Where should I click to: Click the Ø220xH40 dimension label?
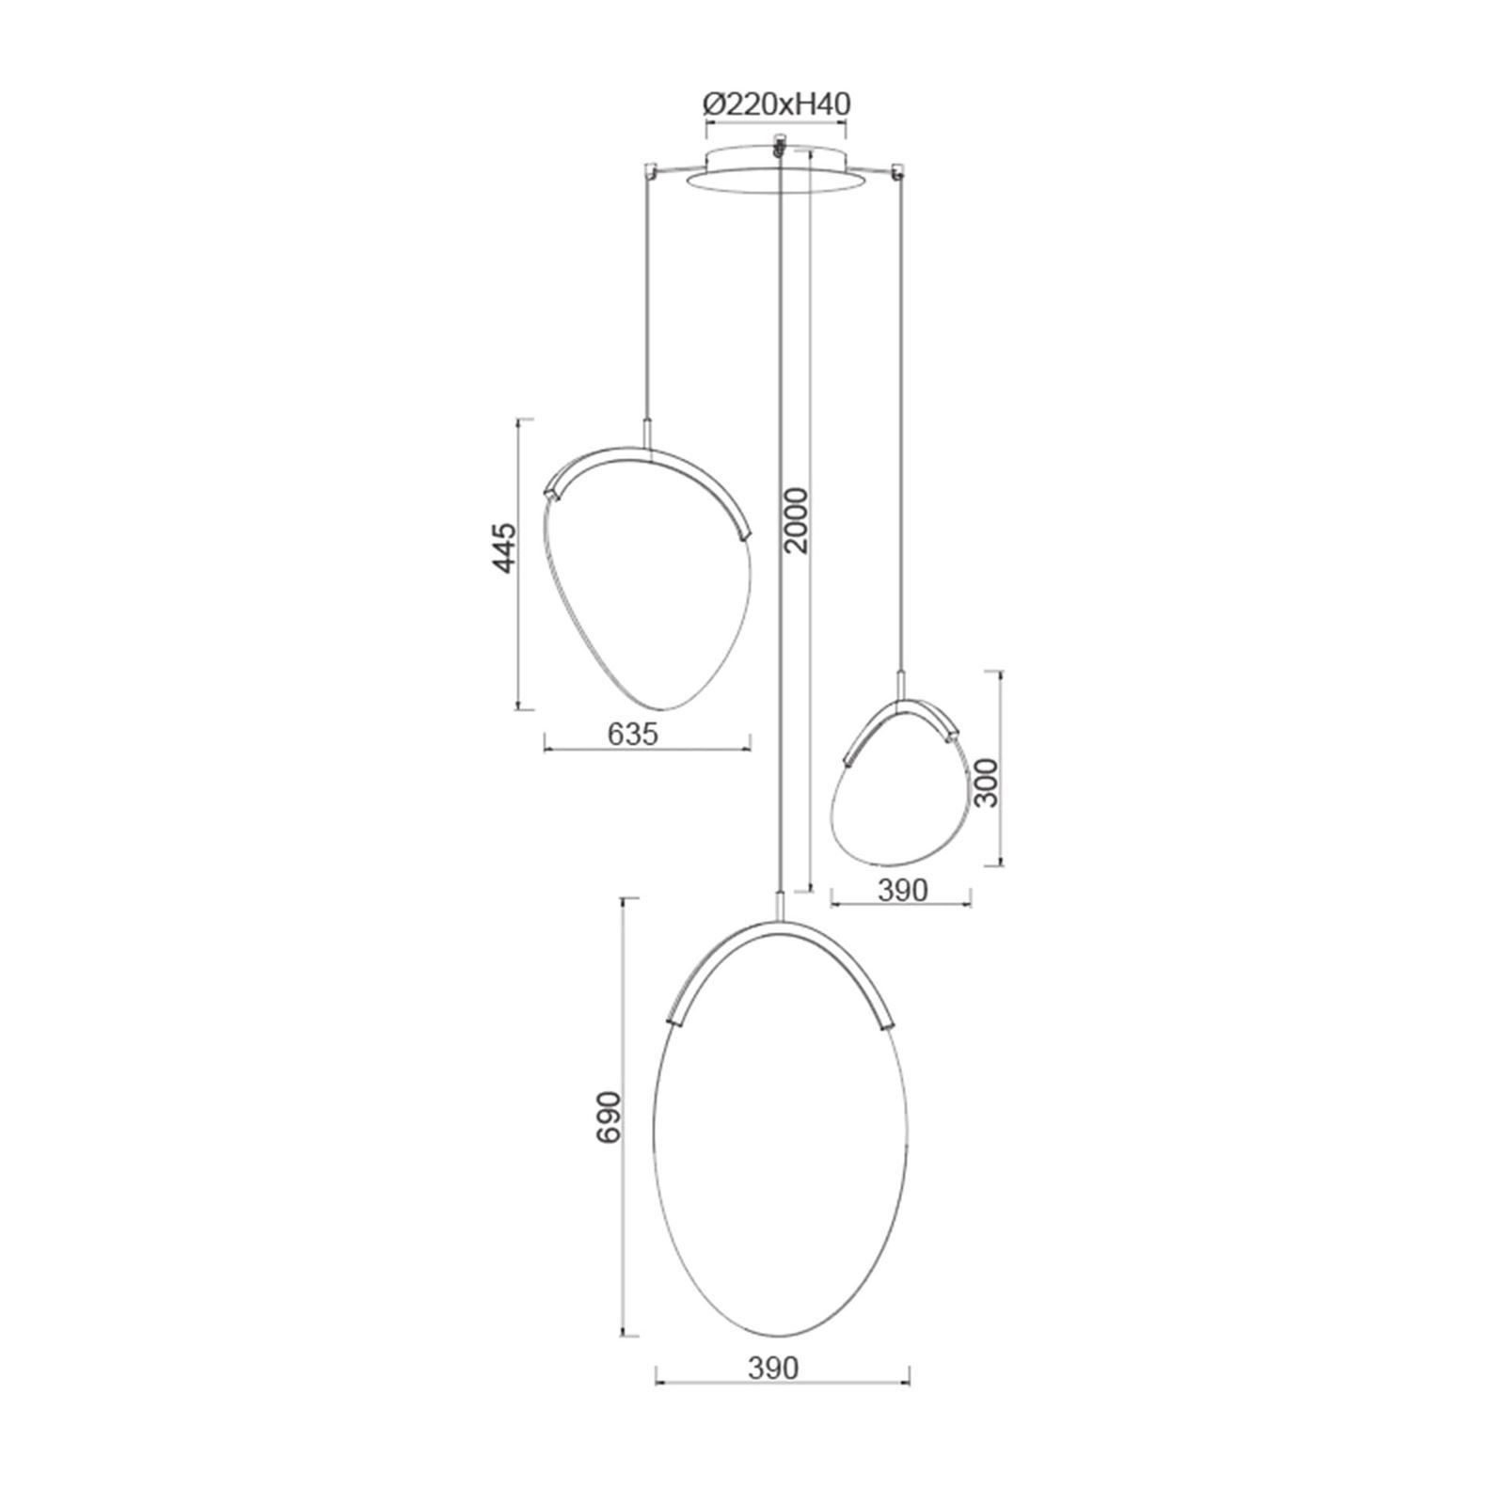click(777, 103)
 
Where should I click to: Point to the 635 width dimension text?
click(632, 734)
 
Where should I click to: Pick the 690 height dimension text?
click(610, 1117)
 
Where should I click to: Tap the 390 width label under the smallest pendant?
click(901, 890)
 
